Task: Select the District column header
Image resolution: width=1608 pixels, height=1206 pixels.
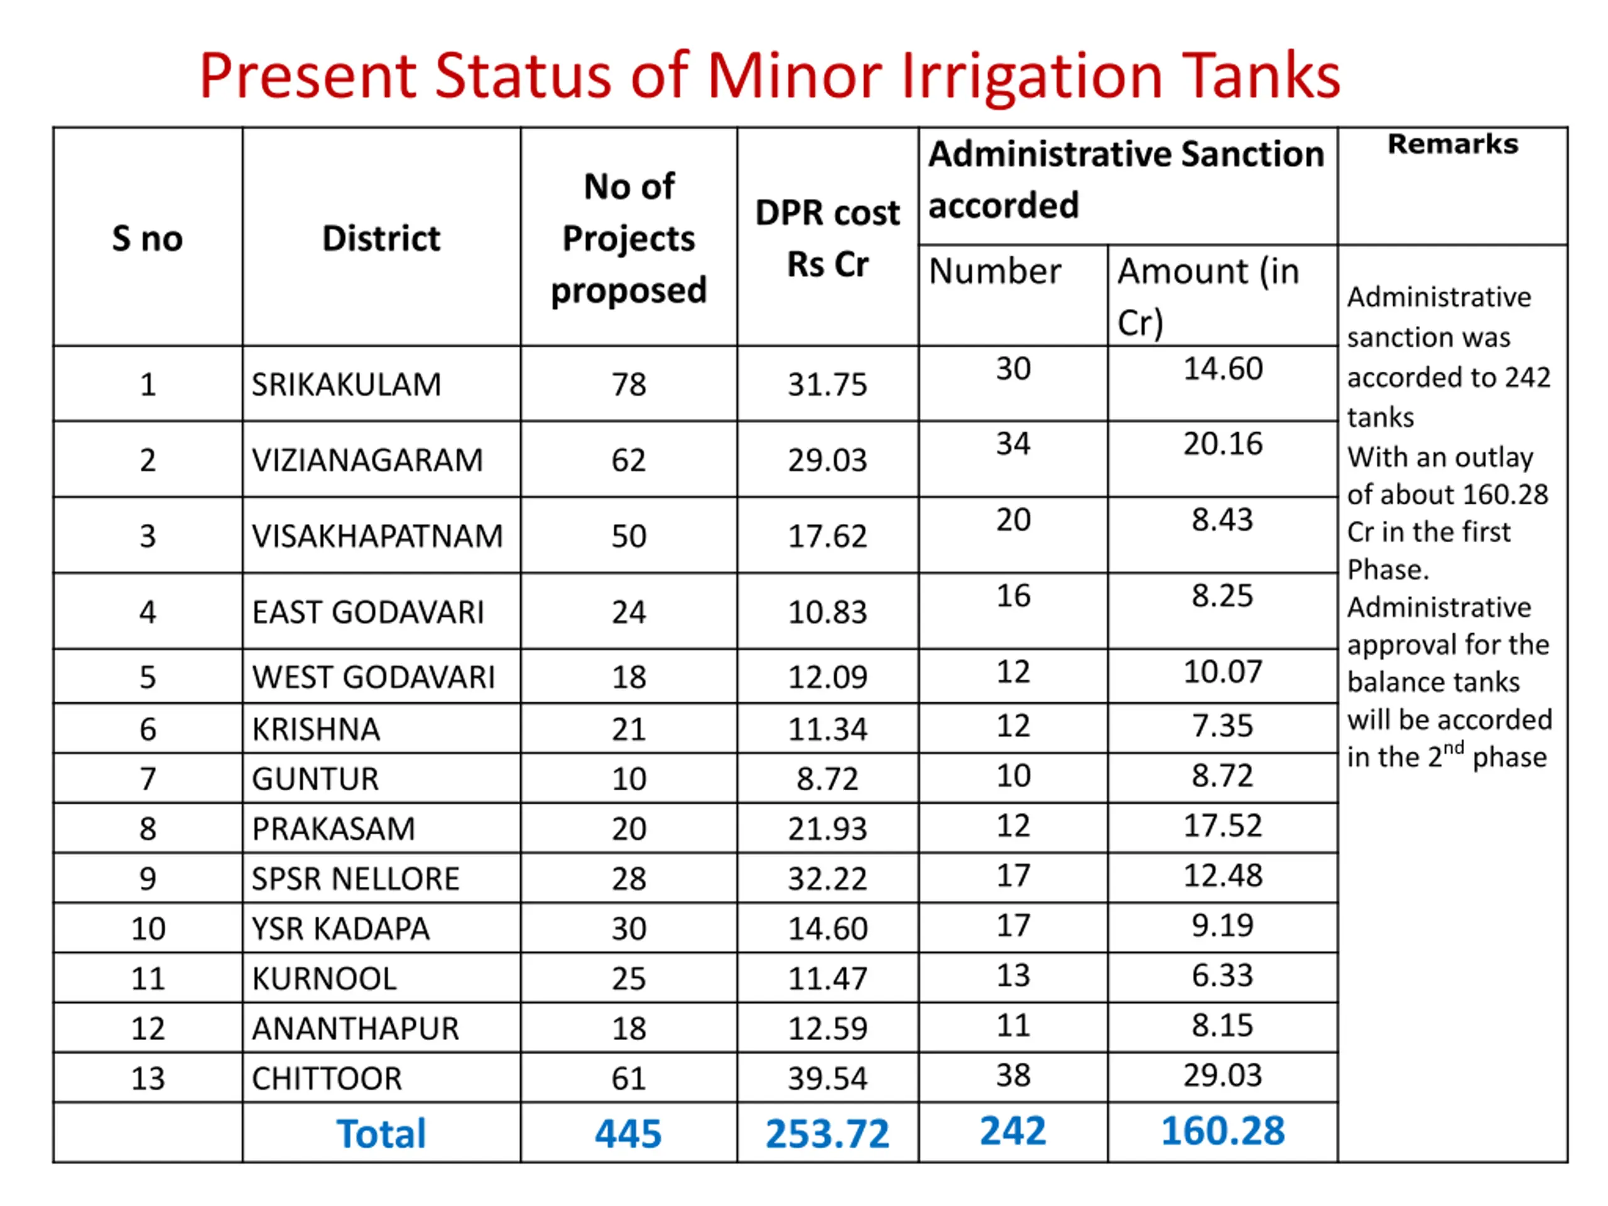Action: (x=381, y=239)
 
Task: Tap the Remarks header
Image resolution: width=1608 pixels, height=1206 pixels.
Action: (x=1452, y=144)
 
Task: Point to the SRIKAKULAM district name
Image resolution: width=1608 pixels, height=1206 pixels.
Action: (x=346, y=384)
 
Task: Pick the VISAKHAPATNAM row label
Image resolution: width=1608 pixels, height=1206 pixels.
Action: (x=378, y=536)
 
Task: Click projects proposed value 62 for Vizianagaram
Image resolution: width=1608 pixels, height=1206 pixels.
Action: (x=628, y=460)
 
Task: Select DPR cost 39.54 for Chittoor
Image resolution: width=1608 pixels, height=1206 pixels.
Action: (x=827, y=1078)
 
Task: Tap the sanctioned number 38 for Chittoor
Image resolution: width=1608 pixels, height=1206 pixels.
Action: (x=1013, y=1075)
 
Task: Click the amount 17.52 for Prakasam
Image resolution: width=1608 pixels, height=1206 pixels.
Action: (x=1223, y=826)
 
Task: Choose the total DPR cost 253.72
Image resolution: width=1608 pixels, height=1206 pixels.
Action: (x=827, y=1134)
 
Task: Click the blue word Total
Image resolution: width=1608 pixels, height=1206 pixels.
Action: (x=381, y=1134)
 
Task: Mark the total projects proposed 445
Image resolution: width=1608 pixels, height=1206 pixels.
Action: (x=628, y=1134)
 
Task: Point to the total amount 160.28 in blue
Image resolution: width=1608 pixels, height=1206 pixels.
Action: (x=1223, y=1131)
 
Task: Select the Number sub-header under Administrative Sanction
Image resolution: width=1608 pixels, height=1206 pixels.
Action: (x=994, y=272)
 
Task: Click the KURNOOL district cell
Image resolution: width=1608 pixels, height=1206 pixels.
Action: (x=324, y=979)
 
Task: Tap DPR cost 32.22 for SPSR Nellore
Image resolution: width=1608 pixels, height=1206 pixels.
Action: (x=827, y=879)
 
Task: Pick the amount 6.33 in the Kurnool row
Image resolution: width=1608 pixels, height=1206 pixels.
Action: (x=1223, y=975)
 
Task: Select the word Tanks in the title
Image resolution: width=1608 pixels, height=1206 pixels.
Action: (x=1261, y=77)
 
